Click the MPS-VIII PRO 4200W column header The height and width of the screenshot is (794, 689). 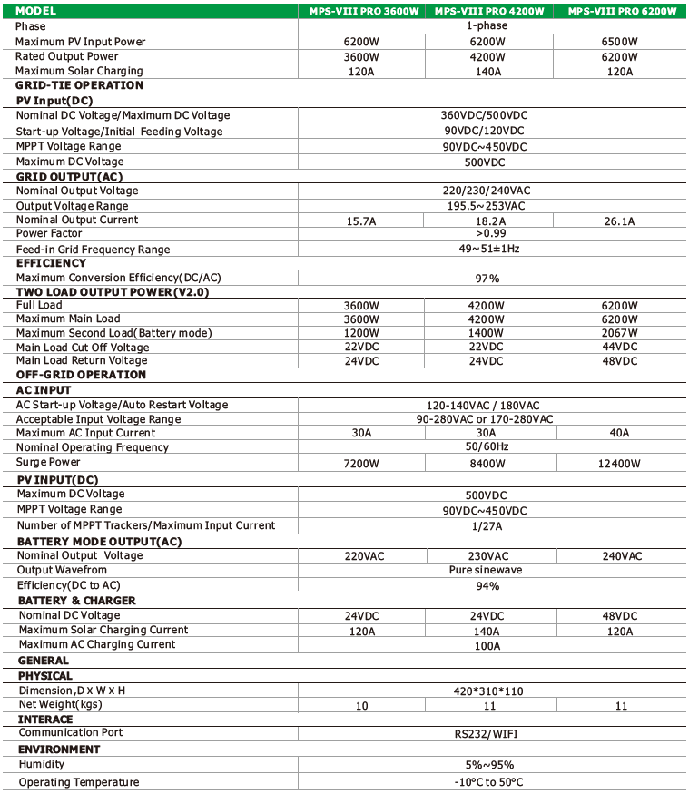coord(489,11)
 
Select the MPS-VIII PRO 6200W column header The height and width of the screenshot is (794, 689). coord(622,11)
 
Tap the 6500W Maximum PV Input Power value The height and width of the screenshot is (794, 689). coord(622,42)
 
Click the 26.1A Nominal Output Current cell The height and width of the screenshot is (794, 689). coord(622,221)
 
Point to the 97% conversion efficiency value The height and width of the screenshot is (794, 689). coord(487,279)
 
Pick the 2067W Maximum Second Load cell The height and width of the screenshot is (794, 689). coord(622,334)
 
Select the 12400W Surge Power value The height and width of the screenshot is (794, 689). coord(622,464)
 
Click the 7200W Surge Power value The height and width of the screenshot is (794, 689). coord(362,464)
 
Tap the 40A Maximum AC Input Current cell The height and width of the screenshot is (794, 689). coord(622,433)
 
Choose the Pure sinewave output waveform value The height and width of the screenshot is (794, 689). coord(487,571)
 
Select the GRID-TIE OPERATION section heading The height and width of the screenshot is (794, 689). coord(80,85)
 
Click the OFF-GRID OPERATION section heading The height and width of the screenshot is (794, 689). coord(82,375)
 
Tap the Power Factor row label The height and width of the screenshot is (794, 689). coord(49,234)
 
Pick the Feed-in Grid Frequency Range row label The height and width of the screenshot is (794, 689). coord(93,250)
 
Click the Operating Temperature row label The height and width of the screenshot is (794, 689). coord(79,782)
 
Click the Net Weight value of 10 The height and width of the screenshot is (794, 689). coord(362,706)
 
